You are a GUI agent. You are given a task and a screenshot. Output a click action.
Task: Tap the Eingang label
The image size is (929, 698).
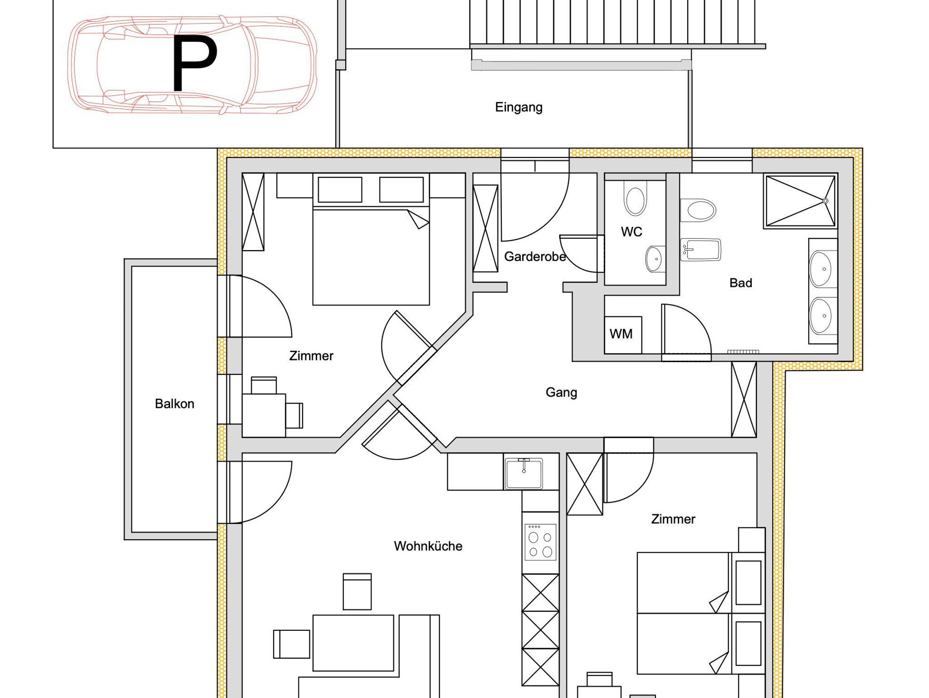pos(518,108)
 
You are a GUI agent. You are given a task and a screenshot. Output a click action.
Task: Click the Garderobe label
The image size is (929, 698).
pos(535,257)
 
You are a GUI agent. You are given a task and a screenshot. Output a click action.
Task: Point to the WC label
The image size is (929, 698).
pos(631,232)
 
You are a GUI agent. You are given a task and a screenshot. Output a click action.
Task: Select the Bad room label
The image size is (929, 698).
pos(741,283)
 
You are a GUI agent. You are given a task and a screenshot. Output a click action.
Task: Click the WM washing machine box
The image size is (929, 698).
pos(623,334)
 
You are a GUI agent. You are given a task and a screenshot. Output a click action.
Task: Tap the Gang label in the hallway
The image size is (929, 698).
pos(561,392)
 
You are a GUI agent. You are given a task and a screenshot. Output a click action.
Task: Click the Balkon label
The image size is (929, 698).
pos(175,403)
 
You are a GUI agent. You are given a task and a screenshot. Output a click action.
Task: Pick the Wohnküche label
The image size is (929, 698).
pos(428,546)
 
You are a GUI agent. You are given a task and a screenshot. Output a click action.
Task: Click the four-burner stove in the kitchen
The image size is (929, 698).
pos(540,542)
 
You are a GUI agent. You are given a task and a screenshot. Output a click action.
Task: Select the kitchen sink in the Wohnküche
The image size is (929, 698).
pos(523,473)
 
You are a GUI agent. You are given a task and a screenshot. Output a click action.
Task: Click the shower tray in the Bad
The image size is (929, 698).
pos(801,201)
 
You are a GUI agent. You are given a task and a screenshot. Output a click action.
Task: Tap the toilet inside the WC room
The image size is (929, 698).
pos(635,198)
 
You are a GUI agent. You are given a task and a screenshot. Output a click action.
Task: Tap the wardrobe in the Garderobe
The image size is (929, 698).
pos(485,228)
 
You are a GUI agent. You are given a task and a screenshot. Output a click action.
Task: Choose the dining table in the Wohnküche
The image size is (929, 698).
pos(353,643)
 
